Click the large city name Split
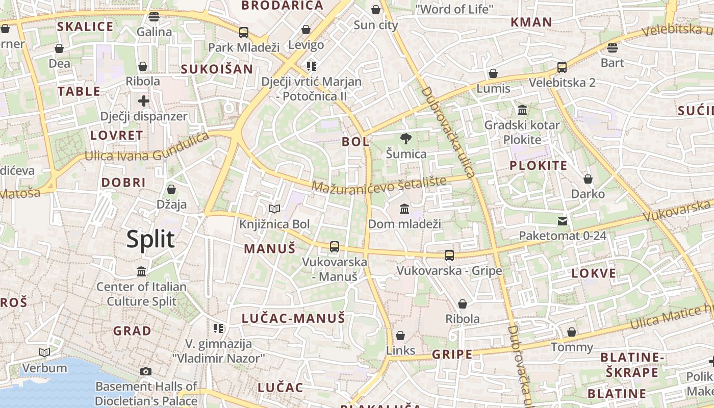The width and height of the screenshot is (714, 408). (150, 239)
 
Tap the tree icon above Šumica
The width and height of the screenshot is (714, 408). (406, 138)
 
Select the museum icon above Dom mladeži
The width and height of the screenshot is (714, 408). (404, 209)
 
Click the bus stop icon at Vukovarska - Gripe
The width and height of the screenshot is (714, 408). (449, 255)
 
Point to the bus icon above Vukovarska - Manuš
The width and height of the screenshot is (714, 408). (335, 247)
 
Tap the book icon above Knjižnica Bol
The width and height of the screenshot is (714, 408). (274, 209)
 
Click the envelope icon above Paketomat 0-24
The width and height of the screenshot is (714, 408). (562, 221)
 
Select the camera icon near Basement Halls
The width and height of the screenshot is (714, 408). (146, 371)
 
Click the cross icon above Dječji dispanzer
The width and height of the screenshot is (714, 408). (144, 100)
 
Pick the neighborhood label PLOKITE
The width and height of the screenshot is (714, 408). (539, 165)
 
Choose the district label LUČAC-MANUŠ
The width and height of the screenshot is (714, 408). (293, 318)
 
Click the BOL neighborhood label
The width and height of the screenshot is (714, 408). (355, 142)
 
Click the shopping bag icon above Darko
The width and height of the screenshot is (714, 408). (588, 179)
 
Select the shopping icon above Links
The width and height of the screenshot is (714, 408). (400, 336)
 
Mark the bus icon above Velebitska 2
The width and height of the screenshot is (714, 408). (562, 67)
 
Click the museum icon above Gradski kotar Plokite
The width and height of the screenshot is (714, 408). (522, 110)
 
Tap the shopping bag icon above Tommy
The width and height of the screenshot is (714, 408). (572, 333)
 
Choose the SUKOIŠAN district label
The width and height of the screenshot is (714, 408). (217, 69)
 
